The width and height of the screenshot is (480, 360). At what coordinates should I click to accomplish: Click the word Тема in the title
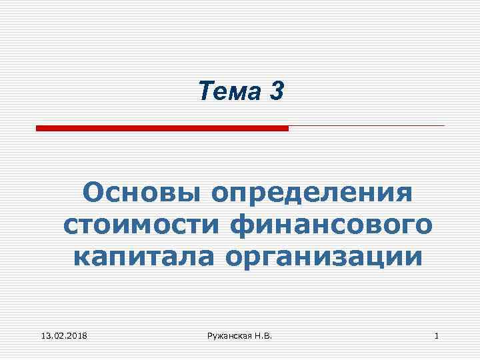coord(230,92)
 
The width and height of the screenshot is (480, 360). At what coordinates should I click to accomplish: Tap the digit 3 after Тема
coord(277,92)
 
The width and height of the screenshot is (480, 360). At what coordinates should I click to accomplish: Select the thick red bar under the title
coord(162,128)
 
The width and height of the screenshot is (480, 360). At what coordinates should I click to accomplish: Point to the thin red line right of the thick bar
coord(367,125)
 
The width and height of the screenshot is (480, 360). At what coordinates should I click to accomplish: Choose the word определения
coord(311,193)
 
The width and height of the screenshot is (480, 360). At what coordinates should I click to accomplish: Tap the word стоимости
coord(141,224)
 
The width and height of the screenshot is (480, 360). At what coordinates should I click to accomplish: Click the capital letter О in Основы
coord(94,193)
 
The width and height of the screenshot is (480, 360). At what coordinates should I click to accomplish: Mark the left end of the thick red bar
coord(38,128)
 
